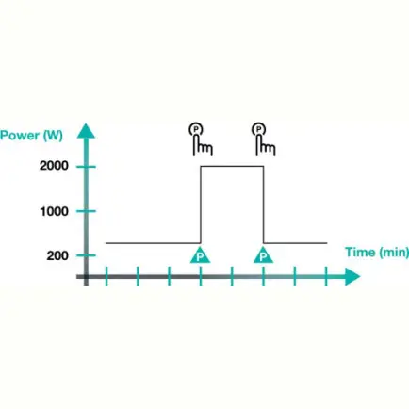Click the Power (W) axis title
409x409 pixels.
point(31,136)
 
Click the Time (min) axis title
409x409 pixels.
point(377,253)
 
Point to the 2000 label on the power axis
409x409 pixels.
point(54,166)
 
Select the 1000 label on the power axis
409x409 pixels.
point(55,211)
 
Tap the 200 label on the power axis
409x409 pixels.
point(57,255)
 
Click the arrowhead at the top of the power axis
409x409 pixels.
point(86,131)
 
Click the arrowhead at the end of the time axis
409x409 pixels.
point(352,277)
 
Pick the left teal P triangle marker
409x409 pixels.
point(200,255)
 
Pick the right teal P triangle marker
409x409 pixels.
point(263,255)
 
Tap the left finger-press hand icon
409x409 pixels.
point(201,139)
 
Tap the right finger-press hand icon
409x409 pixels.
point(264,139)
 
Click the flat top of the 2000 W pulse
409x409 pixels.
point(232,166)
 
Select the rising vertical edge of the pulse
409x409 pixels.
point(201,204)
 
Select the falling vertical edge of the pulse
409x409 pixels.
point(263,204)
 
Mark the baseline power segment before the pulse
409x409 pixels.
point(153,243)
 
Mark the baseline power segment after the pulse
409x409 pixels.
point(295,243)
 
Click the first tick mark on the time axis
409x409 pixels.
point(106,276)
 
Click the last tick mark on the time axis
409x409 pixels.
point(326,276)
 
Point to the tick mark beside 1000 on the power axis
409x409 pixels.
point(86,211)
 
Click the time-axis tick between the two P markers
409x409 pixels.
point(232,276)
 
